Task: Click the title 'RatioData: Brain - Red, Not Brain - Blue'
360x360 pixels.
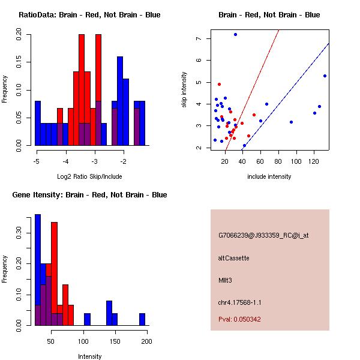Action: coord(89,14)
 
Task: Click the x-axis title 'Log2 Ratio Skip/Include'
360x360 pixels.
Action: coord(89,176)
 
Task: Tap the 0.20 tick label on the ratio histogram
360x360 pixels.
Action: coord(20,36)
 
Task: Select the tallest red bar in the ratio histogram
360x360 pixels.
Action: coord(81,90)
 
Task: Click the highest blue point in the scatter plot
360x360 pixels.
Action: coord(235,34)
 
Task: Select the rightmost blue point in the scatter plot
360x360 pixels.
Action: coord(325,76)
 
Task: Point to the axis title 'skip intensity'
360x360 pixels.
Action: coord(184,90)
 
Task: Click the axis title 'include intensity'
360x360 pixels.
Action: coord(269,176)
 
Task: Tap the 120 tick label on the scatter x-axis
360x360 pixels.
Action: coord(313,162)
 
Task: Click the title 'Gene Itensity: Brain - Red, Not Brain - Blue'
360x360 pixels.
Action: coord(89,195)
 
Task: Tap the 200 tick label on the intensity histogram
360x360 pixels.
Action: coord(146,341)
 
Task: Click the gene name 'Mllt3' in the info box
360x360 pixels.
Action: coord(226,280)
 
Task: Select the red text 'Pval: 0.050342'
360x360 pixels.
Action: coord(239,319)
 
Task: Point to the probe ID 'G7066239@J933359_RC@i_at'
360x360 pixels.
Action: coord(263,236)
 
